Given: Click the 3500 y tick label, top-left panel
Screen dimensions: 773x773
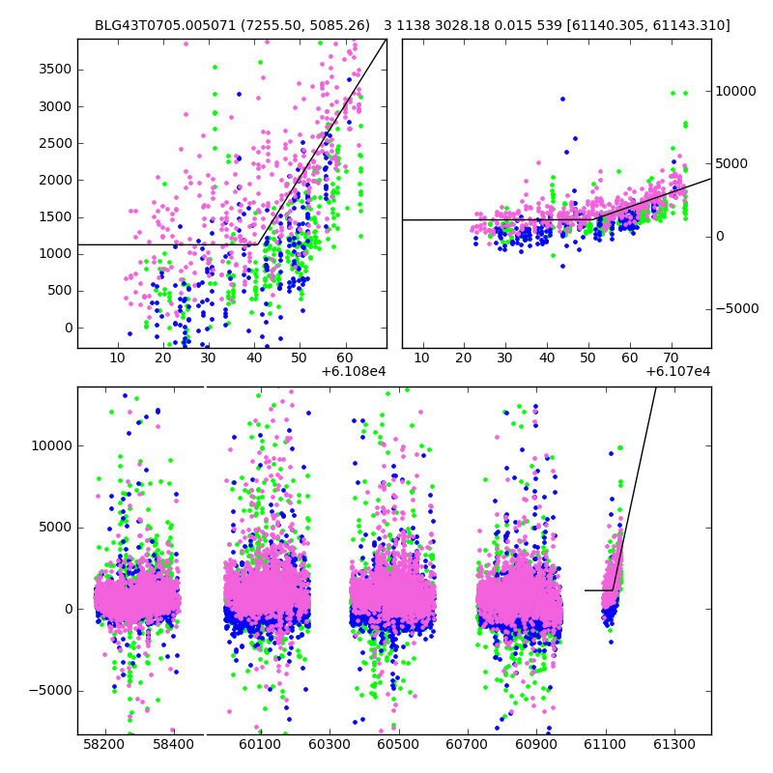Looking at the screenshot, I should point(53,70).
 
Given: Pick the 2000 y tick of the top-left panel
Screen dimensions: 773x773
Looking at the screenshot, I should point(53,180).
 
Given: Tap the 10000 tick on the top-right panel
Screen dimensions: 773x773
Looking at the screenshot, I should point(736,91).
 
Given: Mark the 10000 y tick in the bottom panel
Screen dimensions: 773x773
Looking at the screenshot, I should point(49,445).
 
